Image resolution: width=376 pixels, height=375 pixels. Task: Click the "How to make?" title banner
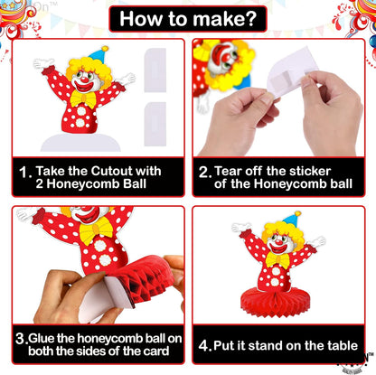187,18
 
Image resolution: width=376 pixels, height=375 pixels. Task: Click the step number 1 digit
23,170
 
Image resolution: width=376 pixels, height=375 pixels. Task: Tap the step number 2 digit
205,170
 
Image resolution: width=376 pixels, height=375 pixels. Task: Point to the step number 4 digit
204,344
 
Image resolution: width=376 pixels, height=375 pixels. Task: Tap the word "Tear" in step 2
235,170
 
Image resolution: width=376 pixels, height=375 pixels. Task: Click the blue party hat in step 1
98,55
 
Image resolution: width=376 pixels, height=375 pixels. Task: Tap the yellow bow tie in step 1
84,97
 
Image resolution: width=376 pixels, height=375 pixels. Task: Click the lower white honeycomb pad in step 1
155,117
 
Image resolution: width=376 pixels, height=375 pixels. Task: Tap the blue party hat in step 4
291,220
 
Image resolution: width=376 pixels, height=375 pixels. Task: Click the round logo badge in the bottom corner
355,362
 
